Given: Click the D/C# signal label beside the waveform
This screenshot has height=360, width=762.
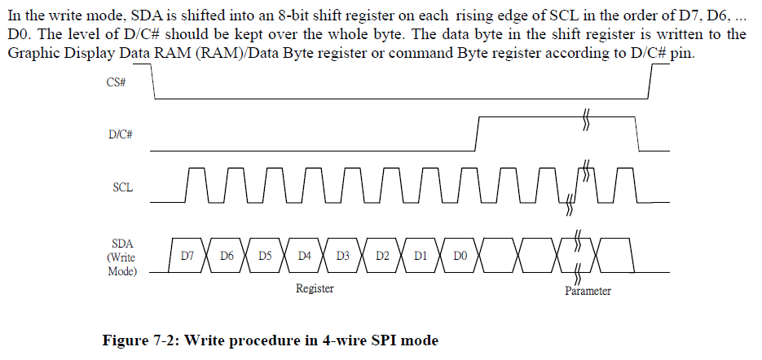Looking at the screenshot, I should point(120,135).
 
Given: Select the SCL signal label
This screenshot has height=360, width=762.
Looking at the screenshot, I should point(123,187).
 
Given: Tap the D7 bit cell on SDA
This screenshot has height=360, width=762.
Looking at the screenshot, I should point(187,255).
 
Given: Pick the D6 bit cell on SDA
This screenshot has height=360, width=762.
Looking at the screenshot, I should point(227,255).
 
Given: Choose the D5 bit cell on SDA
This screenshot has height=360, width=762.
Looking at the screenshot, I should point(265,255).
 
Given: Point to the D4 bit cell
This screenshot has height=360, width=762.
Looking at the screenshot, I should point(304,255).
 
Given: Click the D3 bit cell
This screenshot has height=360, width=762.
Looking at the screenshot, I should point(343,255).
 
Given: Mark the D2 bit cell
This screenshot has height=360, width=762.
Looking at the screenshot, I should point(382,255).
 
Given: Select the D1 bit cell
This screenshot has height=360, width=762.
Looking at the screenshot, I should point(421,255).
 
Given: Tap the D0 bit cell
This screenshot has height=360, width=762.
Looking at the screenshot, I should point(460,255).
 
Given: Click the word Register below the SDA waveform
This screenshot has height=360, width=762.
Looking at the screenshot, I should point(315,288).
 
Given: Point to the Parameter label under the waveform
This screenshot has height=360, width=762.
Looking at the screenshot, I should point(588,291).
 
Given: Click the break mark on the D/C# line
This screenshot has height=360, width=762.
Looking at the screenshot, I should point(585,119).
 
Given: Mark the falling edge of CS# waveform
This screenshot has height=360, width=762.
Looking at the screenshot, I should point(153,82).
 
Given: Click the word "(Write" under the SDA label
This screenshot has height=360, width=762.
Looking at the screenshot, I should point(123,257).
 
